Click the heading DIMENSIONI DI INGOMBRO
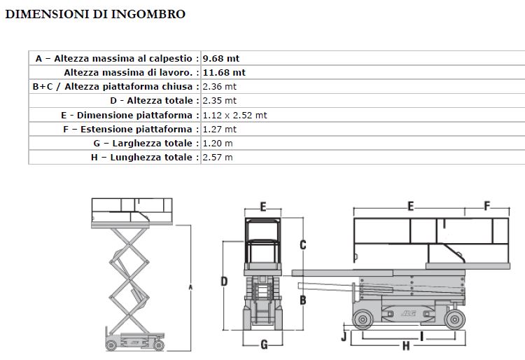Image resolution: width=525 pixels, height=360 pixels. pos(95,14)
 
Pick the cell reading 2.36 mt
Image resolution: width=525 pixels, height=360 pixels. pos(219,86)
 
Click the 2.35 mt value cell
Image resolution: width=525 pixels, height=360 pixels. pos(219,101)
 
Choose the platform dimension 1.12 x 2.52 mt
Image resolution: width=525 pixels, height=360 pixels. pos(234,115)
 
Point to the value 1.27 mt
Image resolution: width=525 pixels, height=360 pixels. pos(219,129)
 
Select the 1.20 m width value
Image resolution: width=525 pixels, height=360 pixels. pos(217,144)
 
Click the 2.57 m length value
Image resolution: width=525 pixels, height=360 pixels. pos(217,158)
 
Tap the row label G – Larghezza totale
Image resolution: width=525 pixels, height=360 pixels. pos(146,144)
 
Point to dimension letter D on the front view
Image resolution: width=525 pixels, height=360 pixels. pos(224,282)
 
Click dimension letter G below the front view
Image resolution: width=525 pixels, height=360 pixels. pos(264,344)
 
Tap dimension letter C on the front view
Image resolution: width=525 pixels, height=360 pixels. pos(303,244)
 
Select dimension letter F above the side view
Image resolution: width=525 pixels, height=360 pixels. pos(486,206)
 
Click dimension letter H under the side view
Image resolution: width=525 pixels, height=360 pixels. pos(406,346)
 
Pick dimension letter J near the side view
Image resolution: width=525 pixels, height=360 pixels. pos(343,335)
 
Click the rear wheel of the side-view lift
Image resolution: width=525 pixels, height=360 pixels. pos(362,320)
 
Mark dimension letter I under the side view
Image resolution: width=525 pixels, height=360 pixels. pos(421,335)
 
